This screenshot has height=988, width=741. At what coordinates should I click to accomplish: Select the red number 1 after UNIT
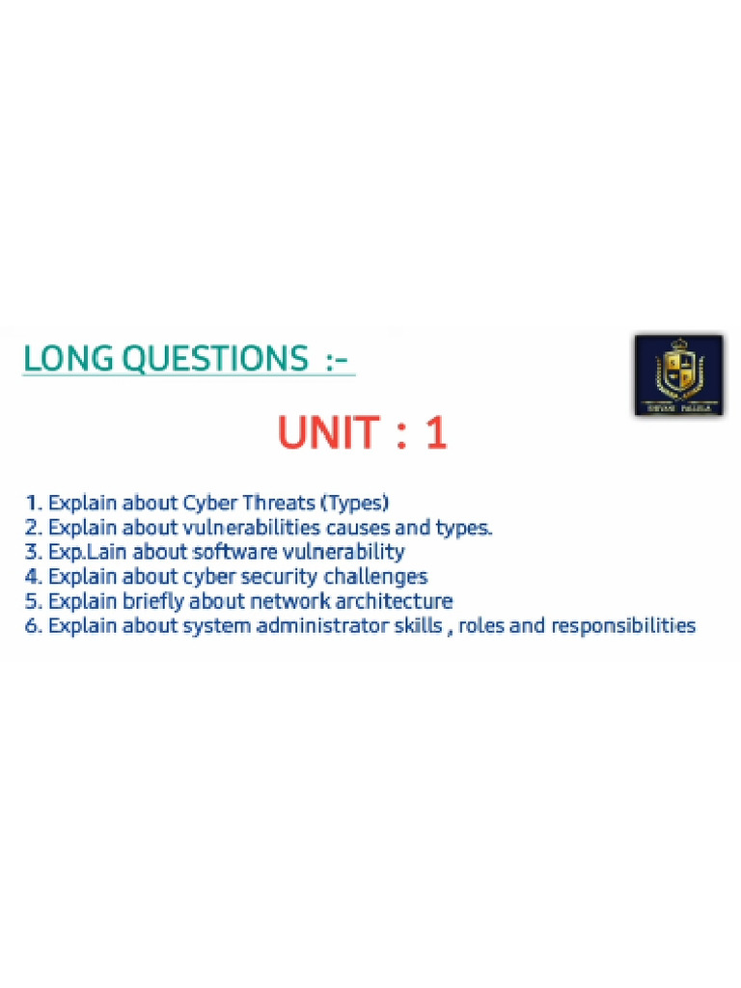(436, 433)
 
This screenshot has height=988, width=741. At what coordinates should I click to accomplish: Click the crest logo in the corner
(678, 375)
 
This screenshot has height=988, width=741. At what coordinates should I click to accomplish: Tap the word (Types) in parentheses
(355, 503)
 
